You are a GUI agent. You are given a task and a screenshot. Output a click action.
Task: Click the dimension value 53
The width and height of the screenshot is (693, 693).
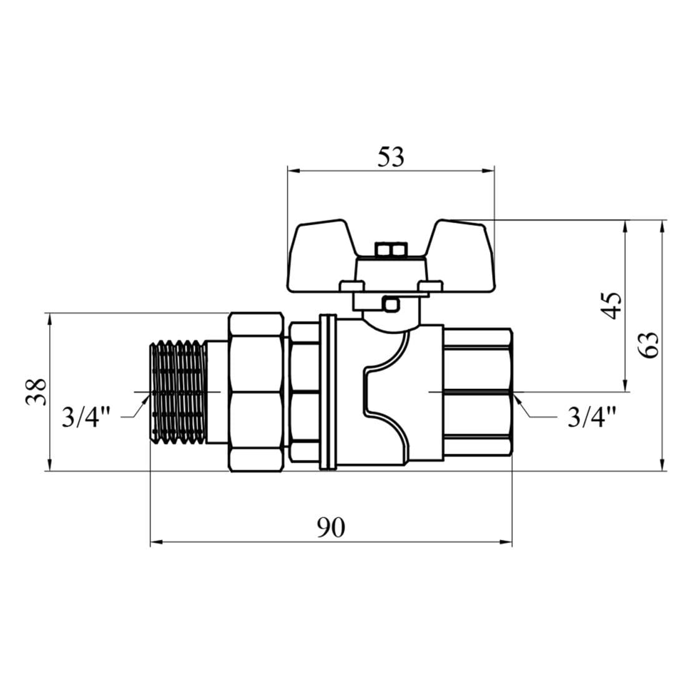[390, 157]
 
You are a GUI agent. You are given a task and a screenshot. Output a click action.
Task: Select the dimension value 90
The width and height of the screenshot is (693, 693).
[330, 528]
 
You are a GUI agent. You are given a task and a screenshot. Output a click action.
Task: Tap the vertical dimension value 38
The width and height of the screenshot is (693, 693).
[37, 391]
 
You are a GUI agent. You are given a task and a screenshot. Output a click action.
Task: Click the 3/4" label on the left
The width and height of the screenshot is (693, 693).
[86, 416]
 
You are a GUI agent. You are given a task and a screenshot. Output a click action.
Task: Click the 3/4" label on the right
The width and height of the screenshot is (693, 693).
[591, 416]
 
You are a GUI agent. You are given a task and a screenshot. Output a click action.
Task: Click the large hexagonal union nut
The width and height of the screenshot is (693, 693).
[257, 391]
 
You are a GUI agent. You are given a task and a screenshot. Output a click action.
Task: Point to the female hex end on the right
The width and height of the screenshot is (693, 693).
[478, 391]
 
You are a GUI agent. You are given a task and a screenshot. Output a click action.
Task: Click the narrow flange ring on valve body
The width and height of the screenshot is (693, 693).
[328, 391]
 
